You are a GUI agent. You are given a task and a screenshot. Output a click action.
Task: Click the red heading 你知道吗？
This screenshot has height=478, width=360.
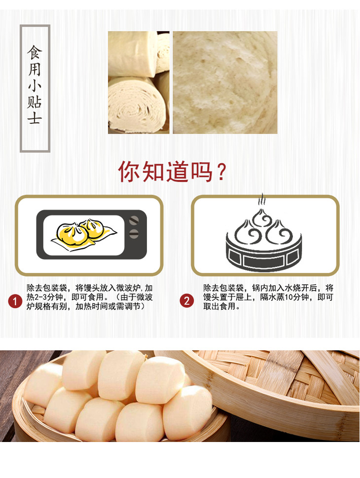pos(172,172)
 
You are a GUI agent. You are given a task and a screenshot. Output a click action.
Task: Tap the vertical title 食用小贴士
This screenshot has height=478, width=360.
pos(35,85)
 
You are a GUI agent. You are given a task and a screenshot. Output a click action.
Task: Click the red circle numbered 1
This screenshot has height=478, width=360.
pos(15,301)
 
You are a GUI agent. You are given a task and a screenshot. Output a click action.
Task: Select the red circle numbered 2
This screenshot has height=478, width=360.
pos(186,301)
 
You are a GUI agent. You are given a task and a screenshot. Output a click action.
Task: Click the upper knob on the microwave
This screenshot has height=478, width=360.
pos(134,220)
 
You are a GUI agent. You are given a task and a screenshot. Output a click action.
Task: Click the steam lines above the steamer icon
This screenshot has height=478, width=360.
pos(261,199)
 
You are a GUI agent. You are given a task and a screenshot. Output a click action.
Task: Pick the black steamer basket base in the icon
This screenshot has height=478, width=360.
pos(264,255)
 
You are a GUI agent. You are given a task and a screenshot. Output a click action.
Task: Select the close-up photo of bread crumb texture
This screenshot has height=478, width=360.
pos(225,82)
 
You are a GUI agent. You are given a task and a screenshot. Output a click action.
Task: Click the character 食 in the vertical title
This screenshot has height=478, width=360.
pos(35,52)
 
